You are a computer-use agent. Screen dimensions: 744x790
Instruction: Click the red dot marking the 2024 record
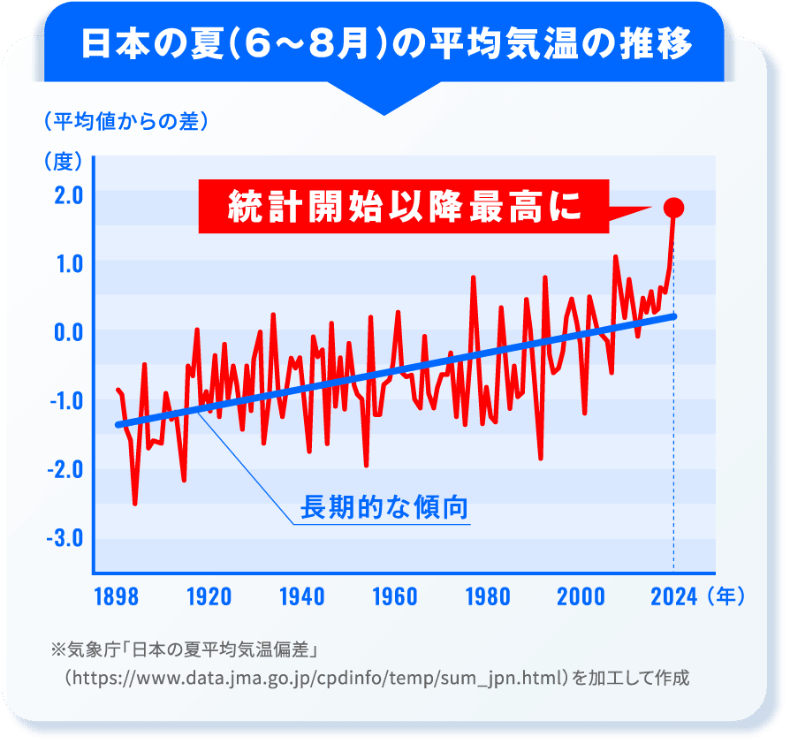[673, 208]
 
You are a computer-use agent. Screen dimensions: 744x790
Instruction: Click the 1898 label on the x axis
[115, 596]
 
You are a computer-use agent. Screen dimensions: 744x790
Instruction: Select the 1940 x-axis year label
[301, 596]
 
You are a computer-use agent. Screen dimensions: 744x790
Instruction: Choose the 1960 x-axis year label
[394, 596]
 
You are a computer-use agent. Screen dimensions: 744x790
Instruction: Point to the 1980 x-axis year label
[487, 596]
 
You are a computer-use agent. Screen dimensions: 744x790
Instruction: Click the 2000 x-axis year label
[581, 596]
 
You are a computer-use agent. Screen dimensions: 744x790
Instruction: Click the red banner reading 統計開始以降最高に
[403, 208]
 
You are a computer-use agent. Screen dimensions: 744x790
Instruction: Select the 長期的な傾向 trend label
[384, 508]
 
